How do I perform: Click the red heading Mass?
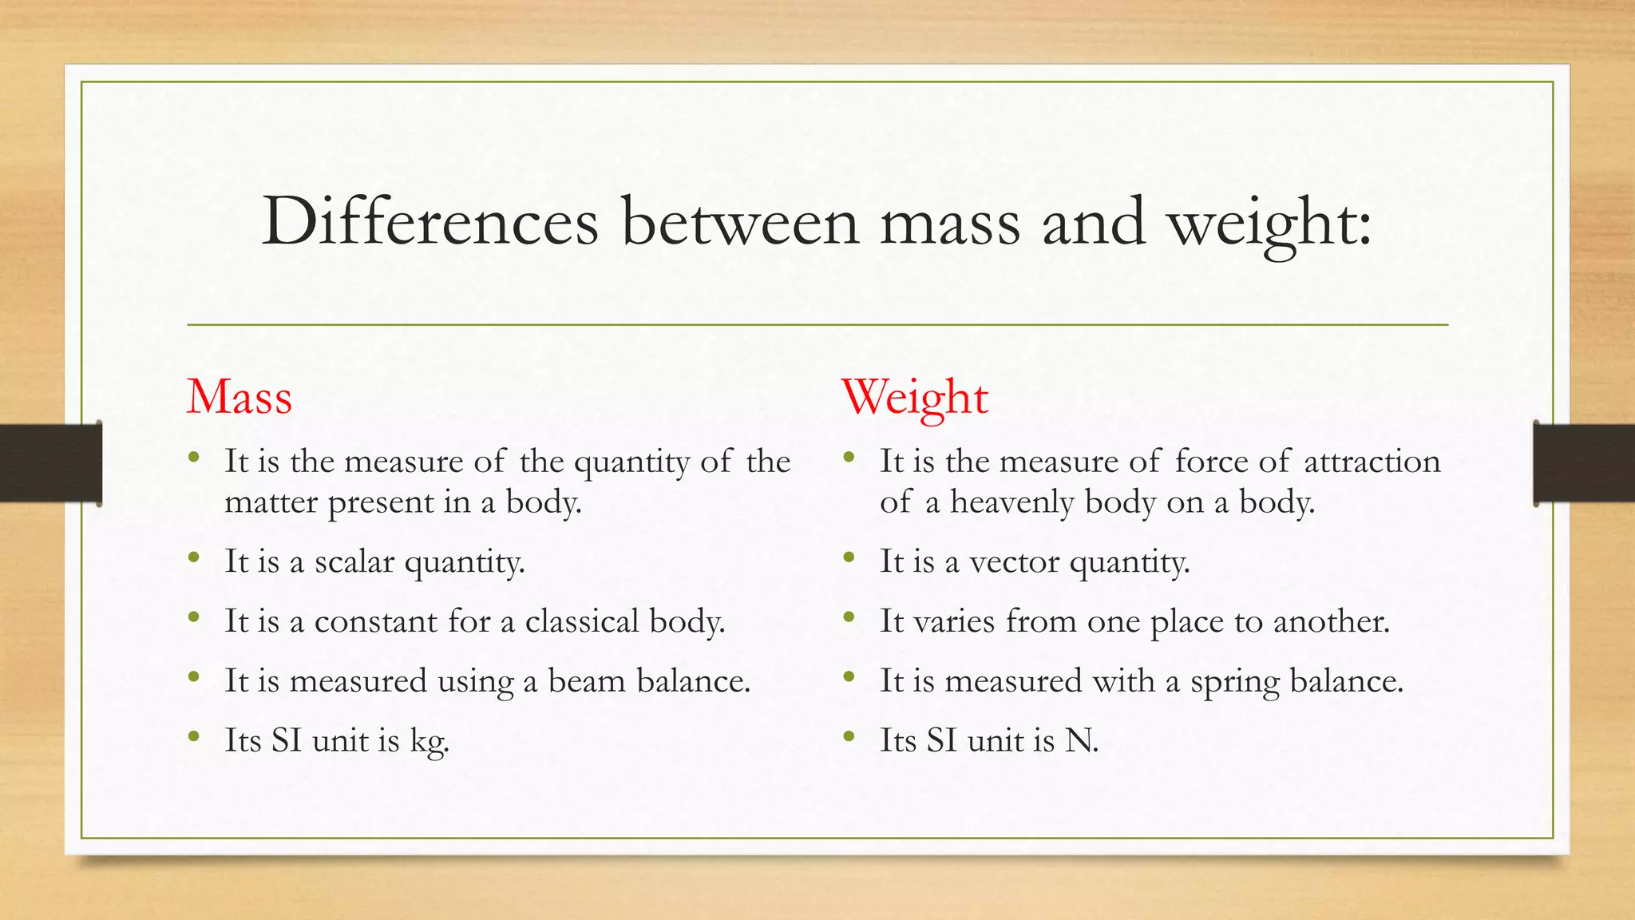240,397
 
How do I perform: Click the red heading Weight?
915,397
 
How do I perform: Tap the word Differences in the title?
430,221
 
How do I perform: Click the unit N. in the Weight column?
1082,740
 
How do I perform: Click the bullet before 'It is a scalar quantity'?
194,557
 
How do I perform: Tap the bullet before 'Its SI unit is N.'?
849,736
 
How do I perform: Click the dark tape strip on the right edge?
1584,463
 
